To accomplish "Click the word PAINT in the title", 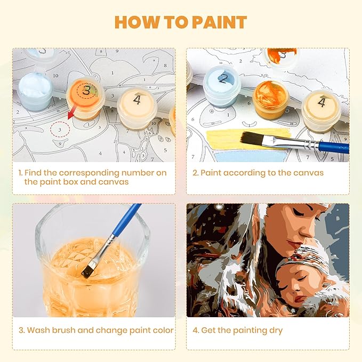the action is coord(219,22).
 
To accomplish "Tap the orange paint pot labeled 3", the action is coord(85,98).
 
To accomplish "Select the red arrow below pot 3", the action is coord(73,113).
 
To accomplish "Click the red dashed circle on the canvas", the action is coord(60,129).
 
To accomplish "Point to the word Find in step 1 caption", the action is coord(33,173).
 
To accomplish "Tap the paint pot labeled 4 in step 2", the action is coord(321,110).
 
